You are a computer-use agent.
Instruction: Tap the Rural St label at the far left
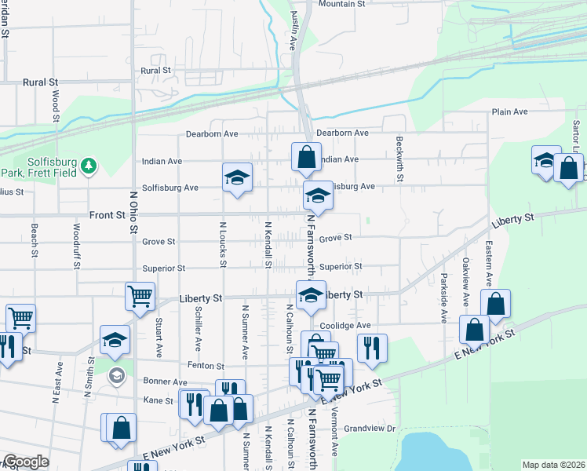41,82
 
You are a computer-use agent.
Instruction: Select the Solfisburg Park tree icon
89,165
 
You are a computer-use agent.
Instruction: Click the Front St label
108,214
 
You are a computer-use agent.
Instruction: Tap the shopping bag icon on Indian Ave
305,156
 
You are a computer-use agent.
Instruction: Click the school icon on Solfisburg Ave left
236,177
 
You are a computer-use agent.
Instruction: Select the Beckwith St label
399,159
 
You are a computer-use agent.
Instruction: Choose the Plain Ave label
509,112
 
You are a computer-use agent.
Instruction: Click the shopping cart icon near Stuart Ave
140,297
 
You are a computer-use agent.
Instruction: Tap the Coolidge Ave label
345,326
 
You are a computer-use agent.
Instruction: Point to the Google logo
26,462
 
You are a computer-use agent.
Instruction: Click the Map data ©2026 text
554,465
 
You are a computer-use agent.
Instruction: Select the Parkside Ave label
443,298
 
